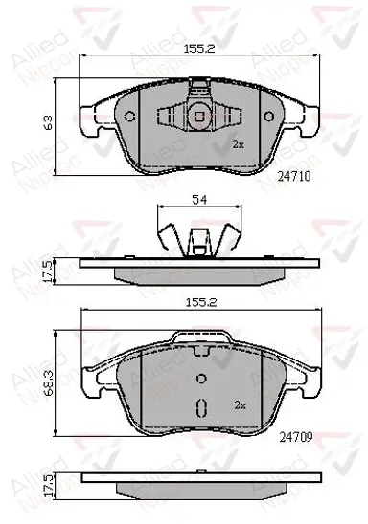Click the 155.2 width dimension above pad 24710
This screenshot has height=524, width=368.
click(199, 49)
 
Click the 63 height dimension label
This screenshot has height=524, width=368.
click(49, 123)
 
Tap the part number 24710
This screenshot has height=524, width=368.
click(294, 176)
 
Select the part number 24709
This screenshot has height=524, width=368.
click(296, 436)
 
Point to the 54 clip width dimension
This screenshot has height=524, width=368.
click(199, 200)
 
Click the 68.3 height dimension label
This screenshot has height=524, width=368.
click(49, 383)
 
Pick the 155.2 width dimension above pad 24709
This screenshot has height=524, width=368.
click(201, 302)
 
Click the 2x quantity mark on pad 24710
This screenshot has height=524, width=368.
click(239, 144)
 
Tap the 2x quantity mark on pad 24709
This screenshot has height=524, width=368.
click(241, 405)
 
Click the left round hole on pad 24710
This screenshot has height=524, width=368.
click(129, 117)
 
